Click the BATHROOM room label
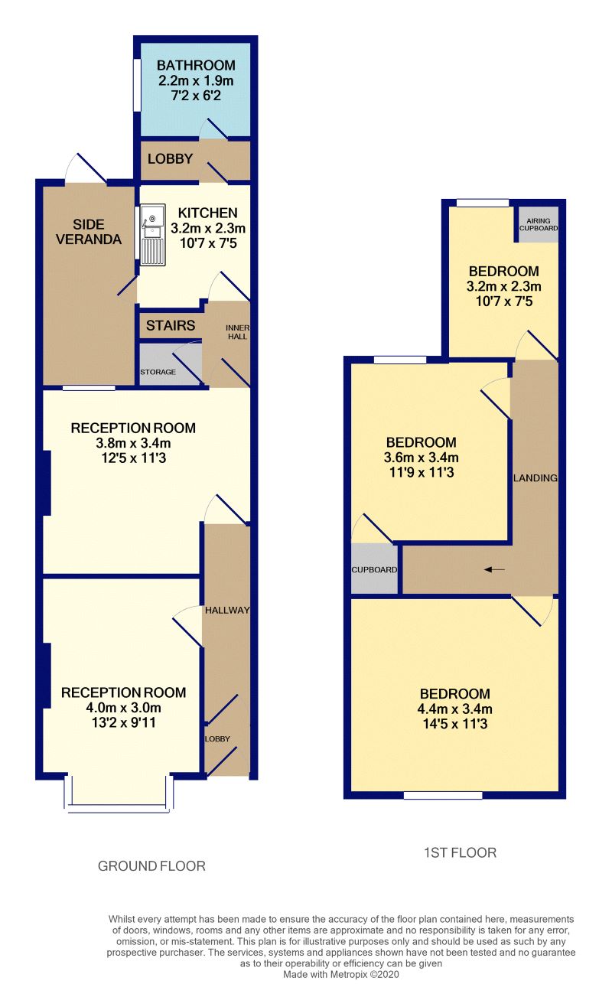point(196,66)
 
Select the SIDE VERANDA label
point(97,231)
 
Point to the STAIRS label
point(171,325)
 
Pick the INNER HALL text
point(236,331)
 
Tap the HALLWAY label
point(227,610)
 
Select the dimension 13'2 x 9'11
point(123,722)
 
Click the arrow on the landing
point(495,569)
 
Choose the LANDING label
point(535,478)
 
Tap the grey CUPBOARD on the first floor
point(375,569)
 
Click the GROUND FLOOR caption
point(151,866)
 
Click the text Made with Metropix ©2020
point(341,975)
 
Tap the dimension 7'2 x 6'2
point(196,95)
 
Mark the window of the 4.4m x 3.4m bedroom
point(443,795)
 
